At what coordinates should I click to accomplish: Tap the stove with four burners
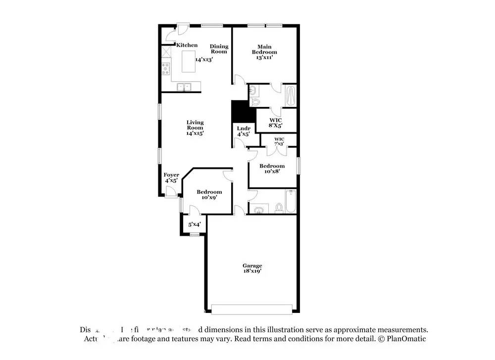click(x=165, y=69)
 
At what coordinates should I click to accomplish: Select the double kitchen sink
click(x=185, y=88)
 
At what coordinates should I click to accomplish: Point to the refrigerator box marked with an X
click(x=165, y=51)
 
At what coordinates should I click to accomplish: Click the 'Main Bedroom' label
click(x=264, y=52)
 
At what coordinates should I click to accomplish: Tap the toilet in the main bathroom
click(x=254, y=102)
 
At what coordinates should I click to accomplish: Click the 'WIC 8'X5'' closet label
click(x=276, y=123)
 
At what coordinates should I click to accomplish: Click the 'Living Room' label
click(x=195, y=127)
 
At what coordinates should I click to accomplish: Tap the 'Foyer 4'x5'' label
click(x=171, y=177)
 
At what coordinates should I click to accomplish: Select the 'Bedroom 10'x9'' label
click(x=209, y=195)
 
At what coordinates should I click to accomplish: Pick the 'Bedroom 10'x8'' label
click(x=272, y=168)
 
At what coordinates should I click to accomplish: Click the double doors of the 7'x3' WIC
click(x=271, y=150)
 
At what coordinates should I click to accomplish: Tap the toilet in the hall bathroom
click(x=279, y=207)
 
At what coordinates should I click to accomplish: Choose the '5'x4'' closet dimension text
click(x=194, y=224)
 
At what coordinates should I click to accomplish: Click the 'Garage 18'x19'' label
click(x=252, y=268)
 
